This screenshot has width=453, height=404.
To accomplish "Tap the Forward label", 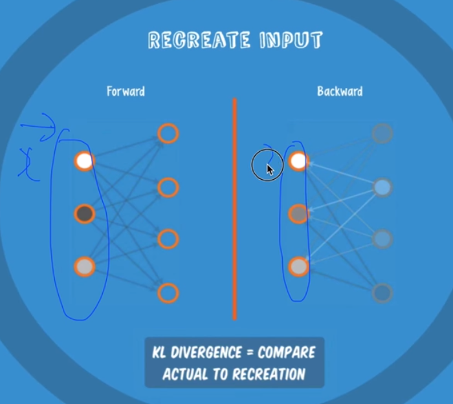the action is [x=126, y=91].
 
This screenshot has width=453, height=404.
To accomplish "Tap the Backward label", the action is [x=340, y=91].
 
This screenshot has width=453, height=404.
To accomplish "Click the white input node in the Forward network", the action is [x=84, y=161].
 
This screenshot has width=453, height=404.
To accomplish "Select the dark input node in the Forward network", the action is [x=84, y=213].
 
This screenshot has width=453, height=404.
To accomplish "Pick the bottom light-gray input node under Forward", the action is [x=84, y=266].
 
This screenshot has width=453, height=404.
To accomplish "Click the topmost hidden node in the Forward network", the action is [x=168, y=134].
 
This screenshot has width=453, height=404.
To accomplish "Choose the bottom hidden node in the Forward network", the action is [x=168, y=293].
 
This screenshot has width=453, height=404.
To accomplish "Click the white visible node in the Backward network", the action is [x=298, y=161].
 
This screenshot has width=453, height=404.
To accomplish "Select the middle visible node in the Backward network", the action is [x=298, y=213].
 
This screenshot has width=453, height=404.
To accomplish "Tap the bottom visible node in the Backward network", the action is [x=298, y=266].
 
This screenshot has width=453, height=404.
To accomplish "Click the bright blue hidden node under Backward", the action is [x=382, y=187].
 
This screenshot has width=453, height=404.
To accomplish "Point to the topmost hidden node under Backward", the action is [x=382, y=134].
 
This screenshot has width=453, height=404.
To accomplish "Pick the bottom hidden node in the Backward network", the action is [x=382, y=293].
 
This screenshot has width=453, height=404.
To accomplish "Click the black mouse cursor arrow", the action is [x=270, y=170].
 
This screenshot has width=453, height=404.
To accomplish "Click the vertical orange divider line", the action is [x=234, y=207].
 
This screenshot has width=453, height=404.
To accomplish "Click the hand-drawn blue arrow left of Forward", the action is [x=39, y=127].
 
